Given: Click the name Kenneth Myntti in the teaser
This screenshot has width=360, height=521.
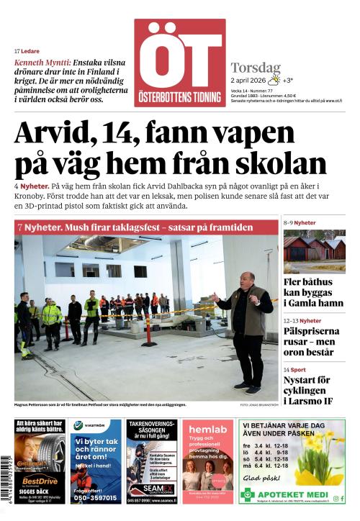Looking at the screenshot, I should point(42,63).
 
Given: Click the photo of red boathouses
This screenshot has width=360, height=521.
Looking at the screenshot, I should point(314,250).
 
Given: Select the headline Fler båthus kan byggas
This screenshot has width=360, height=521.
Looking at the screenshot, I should point(314,295).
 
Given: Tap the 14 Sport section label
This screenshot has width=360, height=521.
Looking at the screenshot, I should point(296,369).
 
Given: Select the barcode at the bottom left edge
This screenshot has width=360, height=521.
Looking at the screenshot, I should point(6,475).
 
